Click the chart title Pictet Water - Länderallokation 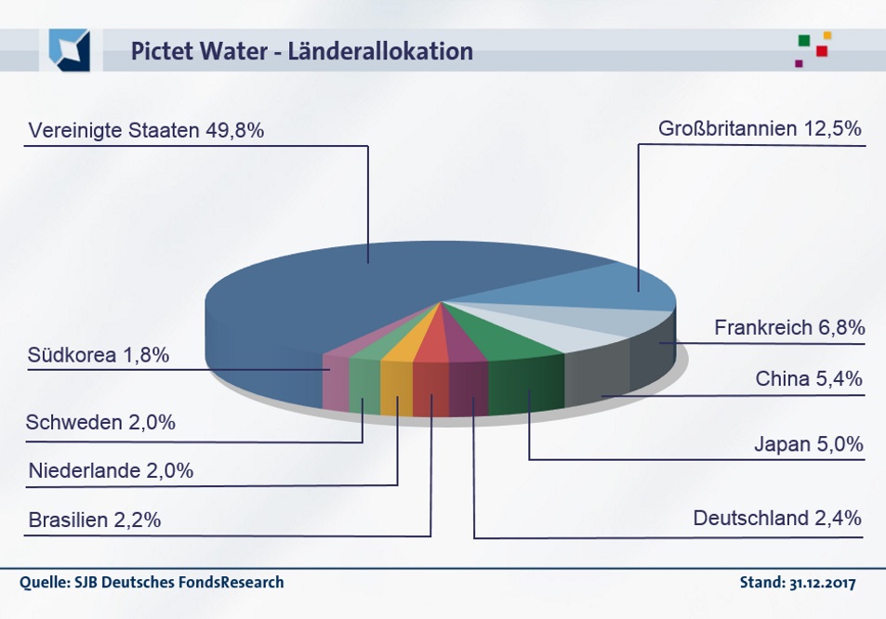tap(301, 51)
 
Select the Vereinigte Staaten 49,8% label tap(146, 131)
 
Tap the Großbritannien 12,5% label tap(760, 129)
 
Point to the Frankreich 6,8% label tap(789, 328)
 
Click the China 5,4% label tap(809, 379)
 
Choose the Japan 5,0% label tap(809, 444)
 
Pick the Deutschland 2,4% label tap(777, 519)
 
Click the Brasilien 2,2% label tap(95, 520)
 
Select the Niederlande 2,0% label tap(111, 471)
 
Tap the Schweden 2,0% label tap(100, 423)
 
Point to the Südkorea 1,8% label tap(99, 355)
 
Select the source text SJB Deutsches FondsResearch tap(152, 584)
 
